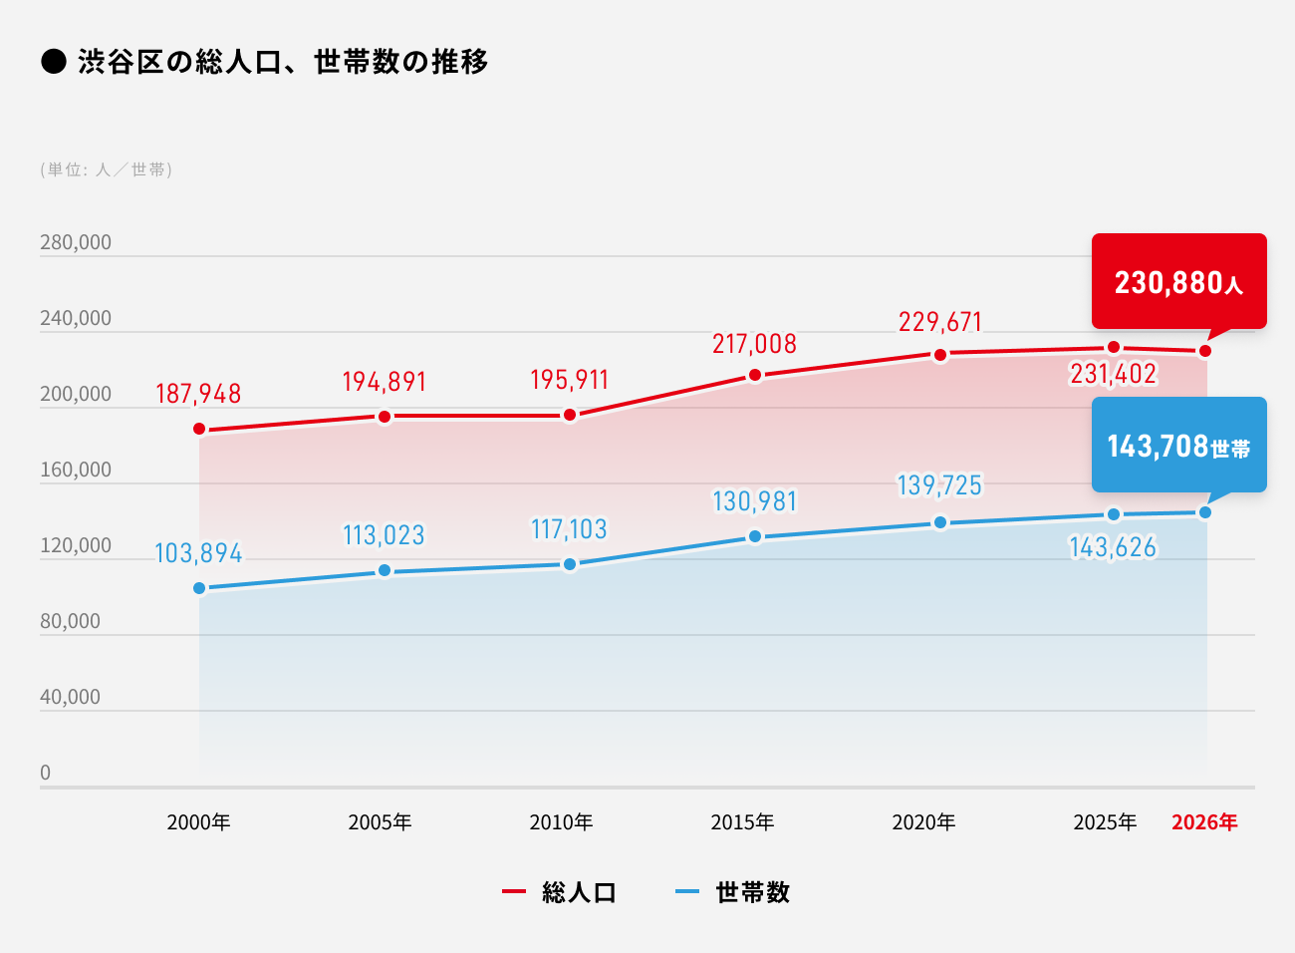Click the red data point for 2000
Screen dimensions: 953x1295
[199, 430]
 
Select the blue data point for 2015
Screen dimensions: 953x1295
[755, 537]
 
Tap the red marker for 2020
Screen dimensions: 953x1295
[940, 355]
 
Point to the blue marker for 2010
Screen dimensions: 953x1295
[570, 564]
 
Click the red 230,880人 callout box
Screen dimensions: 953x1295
[1178, 282]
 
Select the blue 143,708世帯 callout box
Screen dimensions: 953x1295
[1178, 446]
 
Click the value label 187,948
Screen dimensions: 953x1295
[198, 394]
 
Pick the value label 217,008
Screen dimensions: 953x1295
[754, 344]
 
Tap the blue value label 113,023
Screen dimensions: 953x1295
[384, 535]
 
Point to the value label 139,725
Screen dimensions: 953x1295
[939, 485]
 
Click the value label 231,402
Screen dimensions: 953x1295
[1113, 374]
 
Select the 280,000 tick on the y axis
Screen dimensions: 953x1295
[76, 242]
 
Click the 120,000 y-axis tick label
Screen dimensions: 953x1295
[76, 545]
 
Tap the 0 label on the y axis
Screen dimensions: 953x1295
[45, 773]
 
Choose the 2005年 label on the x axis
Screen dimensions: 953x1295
[380, 822]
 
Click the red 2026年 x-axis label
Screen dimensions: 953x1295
[1204, 822]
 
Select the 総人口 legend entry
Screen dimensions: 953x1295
[579, 892]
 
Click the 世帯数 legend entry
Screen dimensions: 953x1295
[752, 892]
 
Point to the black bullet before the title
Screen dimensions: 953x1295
[53, 62]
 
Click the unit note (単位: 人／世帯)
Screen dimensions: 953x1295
[107, 169]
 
